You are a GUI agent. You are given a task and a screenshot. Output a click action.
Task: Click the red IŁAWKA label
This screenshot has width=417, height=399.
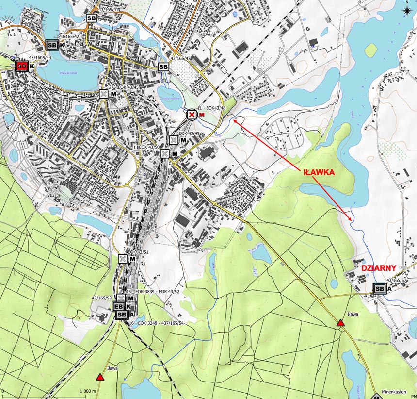coord(319,172)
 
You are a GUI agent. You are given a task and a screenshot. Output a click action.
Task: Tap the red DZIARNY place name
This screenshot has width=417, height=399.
coord(379,267)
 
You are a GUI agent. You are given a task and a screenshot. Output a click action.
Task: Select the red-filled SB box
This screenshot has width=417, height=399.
coord(22,66)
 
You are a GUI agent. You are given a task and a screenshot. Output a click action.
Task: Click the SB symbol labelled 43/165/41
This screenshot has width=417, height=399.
coord(91,18)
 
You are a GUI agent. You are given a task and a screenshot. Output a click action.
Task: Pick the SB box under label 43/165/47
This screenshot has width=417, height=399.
coord(163,66)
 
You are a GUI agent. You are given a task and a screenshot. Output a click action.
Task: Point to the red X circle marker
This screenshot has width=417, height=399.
coord(192,115)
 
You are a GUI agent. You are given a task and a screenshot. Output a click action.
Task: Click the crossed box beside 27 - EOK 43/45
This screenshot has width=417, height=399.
coord(104,94)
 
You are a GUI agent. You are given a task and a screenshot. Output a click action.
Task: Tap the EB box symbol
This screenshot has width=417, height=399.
coord(119,307)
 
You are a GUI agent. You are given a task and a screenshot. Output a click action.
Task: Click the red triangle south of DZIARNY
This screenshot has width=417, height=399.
coord(340,323)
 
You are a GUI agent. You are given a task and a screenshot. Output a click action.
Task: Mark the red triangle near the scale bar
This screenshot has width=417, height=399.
coord(100,377)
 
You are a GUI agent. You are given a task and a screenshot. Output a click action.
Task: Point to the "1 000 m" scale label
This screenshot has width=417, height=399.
coord(88,391)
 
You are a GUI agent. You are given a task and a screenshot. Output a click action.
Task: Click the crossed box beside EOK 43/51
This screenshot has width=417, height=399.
coord(122,259)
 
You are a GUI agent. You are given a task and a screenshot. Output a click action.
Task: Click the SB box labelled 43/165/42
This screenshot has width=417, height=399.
coord(52,45)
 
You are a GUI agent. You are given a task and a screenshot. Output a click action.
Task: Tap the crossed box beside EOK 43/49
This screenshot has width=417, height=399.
coord(173,140)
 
